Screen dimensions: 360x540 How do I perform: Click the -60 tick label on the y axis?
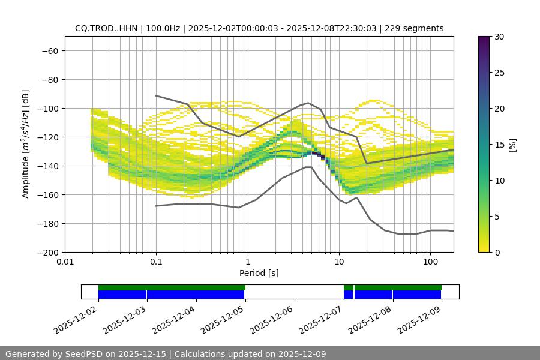49,50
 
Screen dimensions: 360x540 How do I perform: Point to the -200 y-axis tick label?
47,252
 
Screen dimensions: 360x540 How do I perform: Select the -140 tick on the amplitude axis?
47,166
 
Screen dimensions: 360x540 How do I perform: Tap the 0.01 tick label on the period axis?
65,262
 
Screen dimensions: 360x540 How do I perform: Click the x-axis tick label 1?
248,262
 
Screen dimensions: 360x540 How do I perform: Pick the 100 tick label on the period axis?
430,262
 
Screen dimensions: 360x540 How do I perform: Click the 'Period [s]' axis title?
259,273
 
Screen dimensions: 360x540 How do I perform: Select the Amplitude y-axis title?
26,144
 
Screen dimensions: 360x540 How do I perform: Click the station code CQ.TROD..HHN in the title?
106,28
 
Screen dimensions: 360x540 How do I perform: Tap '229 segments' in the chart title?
414,28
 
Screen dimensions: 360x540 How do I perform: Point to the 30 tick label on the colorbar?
499,37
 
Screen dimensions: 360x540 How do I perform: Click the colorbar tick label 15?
499,144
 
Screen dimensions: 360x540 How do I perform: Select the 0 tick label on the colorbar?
496,252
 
